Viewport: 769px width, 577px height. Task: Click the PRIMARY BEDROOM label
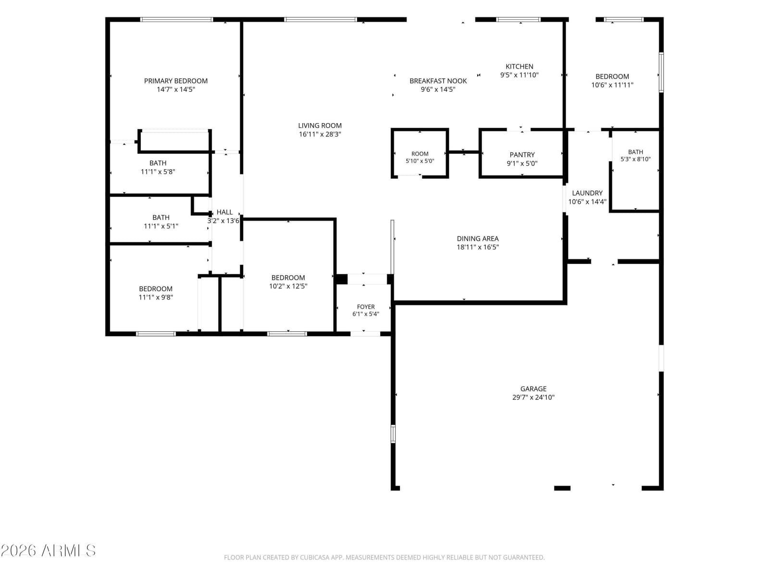175,81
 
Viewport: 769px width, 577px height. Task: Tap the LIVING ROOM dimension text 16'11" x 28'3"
320,134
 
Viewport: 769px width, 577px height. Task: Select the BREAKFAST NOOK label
438,81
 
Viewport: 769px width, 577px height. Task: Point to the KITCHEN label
519,66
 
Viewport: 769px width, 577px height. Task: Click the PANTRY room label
522,154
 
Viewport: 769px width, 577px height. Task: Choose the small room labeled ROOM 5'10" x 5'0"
420,154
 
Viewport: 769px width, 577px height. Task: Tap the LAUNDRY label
587,193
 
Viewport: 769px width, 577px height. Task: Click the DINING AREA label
478,238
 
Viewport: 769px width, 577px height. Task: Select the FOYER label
366,307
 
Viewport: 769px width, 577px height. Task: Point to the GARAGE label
533,389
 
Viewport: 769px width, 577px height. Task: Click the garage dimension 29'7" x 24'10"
533,397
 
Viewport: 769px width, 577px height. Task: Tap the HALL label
224,212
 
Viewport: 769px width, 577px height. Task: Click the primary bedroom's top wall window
176,20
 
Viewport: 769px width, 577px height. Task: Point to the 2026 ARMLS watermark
48,551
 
